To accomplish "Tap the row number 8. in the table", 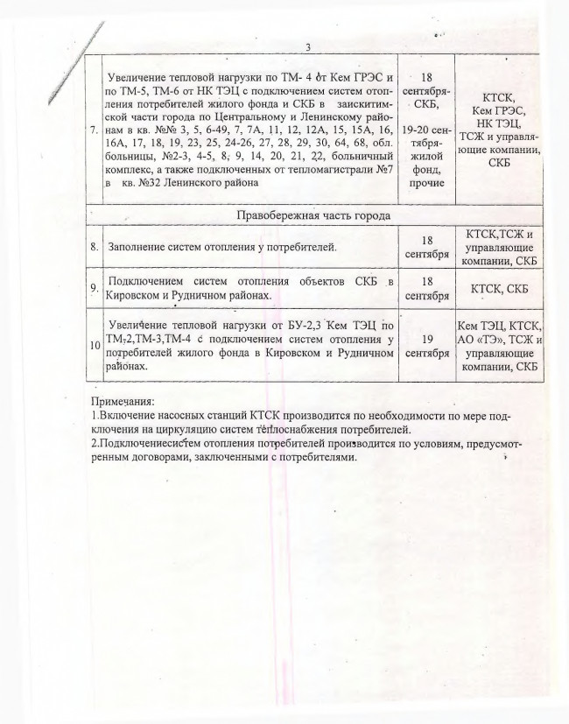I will click(x=94, y=247).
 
